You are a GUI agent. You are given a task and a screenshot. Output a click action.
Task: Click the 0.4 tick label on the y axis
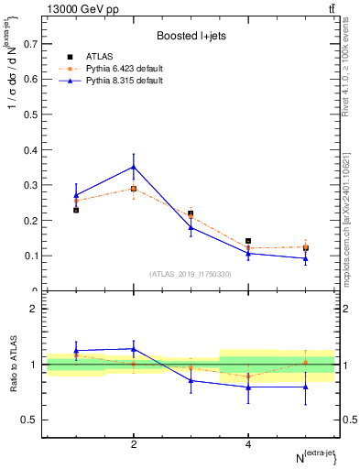click(30, 149)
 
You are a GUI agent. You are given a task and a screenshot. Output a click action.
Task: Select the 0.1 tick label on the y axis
click(30, 256)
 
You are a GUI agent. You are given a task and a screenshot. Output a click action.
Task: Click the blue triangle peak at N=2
click(134, 167)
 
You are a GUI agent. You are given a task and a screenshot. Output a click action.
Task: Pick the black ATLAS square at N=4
click(248, 241)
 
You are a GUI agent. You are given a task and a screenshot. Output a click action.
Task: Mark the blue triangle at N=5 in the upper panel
click(305, 258)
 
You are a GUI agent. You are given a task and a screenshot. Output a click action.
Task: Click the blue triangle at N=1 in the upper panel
click(76, 195)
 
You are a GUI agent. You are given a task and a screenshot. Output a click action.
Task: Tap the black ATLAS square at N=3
click(191, 213)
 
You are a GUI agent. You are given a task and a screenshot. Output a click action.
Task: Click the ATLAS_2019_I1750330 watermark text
click(190, 274)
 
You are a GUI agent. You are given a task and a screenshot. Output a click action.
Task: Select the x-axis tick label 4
click(248, 444)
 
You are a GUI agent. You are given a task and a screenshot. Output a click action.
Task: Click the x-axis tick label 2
click(134, 444)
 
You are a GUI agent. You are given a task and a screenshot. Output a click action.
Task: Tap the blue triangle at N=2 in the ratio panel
click(134, 349)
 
